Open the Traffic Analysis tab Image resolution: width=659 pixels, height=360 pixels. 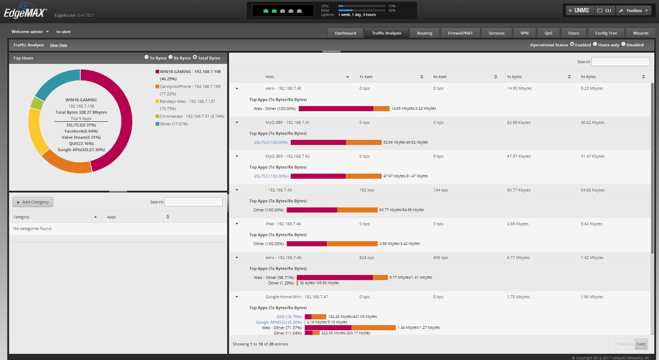[386, 33]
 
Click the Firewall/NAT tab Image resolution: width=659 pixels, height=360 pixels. [460, 33]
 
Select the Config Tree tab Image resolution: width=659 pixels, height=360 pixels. [606, 33]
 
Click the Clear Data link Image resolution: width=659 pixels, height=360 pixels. [59, 45]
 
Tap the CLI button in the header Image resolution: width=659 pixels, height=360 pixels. [605, 11]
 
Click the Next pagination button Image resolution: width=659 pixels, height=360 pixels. [641, 344]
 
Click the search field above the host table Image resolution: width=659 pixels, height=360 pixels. [620, 62]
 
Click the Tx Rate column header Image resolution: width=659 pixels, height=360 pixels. [366, 77]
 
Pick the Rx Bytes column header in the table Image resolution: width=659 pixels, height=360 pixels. [588, 77]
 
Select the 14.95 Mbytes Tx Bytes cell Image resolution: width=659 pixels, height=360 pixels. [519, 88]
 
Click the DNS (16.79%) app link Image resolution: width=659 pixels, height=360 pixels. [289, 317]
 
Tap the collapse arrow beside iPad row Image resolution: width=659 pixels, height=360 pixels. [237, 224]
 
